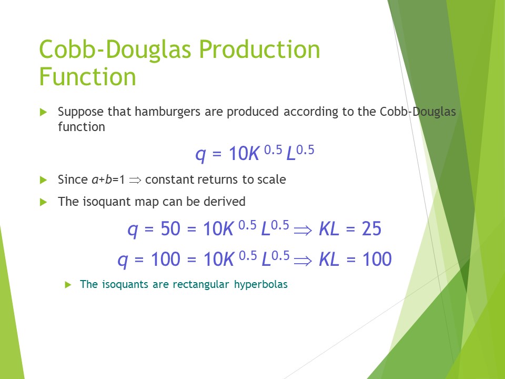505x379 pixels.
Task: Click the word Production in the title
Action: coord(259,49)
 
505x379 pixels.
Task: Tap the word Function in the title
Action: coord(88,77)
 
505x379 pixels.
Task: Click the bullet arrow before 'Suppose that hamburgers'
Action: coord(44,112)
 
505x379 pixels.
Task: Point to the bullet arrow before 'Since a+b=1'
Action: coord(44,180)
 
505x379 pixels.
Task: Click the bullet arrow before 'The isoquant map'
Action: coord(44,202)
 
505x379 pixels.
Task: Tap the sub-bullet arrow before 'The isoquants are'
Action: coord(68,285)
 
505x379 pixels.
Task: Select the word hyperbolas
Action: coord(261,285)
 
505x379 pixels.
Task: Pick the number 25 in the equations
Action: coord(372,229)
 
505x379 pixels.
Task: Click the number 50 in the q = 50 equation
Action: coord(170,229)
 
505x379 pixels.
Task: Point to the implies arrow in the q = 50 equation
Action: coord(303,230)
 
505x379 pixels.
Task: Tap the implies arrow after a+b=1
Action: coord(135,180)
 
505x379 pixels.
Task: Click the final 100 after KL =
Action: coord(377,259)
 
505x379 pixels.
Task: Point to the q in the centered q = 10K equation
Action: coord(200,154)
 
